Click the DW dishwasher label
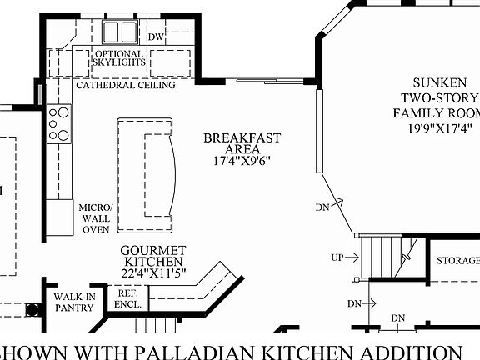click(156, 37)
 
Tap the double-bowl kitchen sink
click(121, 32)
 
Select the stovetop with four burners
click(59, 122)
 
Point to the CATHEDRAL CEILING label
click(125, 85)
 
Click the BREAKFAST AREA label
click(242, 143)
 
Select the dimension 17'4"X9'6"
click(242, 161)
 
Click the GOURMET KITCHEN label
click(152, 257)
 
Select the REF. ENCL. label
click(127, 298)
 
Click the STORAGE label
click(457, 261)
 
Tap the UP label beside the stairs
click(337, 257)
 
